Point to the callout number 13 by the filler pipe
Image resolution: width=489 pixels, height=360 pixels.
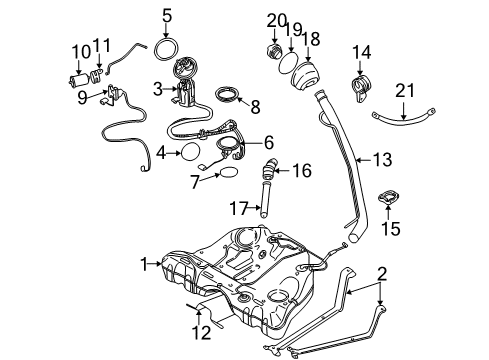point(383,158)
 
